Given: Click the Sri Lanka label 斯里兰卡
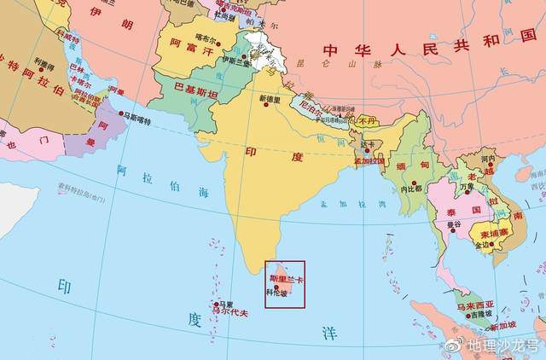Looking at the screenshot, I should tap(287, 278).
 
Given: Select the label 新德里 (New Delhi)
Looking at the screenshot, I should tap(270, 99).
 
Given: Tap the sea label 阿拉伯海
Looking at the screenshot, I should tap(163, 183).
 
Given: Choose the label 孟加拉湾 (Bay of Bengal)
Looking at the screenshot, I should tap(340, 204).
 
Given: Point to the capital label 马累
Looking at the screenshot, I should tap(224, 304).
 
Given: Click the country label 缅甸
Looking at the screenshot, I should tap(412, 163).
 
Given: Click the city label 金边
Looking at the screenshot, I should tap(483, 245).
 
